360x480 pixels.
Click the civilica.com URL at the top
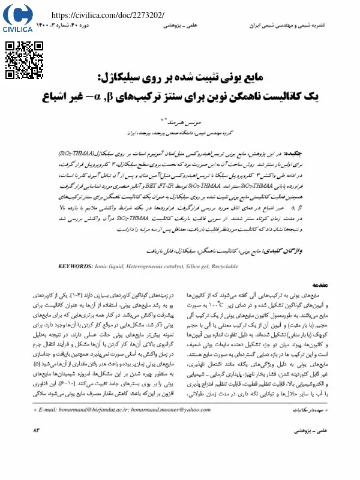tap(109, 14)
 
